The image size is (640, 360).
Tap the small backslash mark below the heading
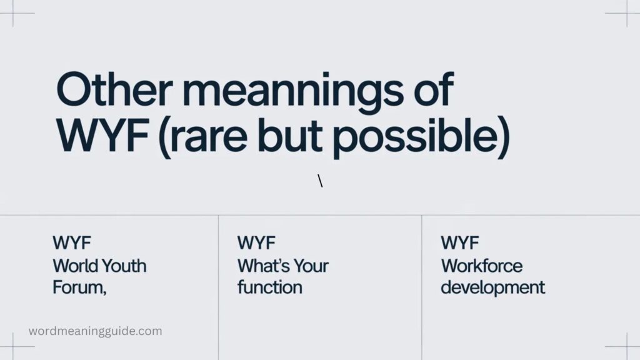tap(321, 181)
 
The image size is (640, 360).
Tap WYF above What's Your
tap(256, 243)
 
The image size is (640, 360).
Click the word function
tap(269, 287)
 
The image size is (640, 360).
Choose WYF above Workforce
tap(460, 243)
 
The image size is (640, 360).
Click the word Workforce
tap(481, 266)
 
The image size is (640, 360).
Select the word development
tap(492, 288)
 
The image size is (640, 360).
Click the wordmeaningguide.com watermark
tap(95, 331)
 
